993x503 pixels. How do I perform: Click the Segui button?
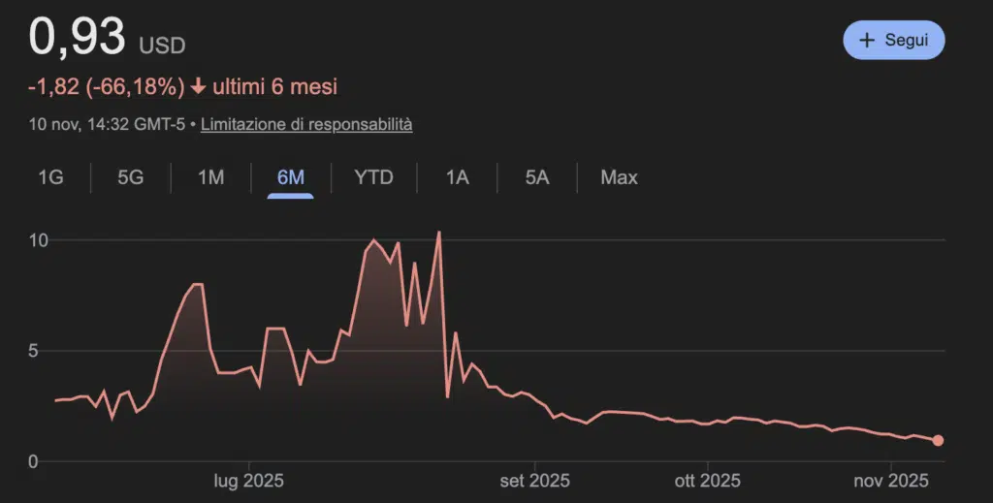pos(893,41)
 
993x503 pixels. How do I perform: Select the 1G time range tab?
pos(50,177)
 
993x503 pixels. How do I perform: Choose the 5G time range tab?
pos(130,177)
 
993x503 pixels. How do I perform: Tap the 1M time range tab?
pos(210,177)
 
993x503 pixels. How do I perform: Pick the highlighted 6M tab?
pos(290,177)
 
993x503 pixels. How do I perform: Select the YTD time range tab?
pos(373,177)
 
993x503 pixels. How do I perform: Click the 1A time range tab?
pos(457,177)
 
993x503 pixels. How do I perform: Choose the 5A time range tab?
pos(536,177)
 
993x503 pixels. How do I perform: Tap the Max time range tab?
pos(619,177)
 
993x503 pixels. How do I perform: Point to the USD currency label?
pos(162,46)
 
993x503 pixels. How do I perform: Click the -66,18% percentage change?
pos(135,87)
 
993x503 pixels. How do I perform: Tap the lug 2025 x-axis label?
pos(248,480)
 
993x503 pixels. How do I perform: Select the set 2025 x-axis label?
pos(534,480)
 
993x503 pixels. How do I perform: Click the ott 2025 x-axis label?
pos(707,480)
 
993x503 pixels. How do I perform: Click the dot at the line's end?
pos(938,441)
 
